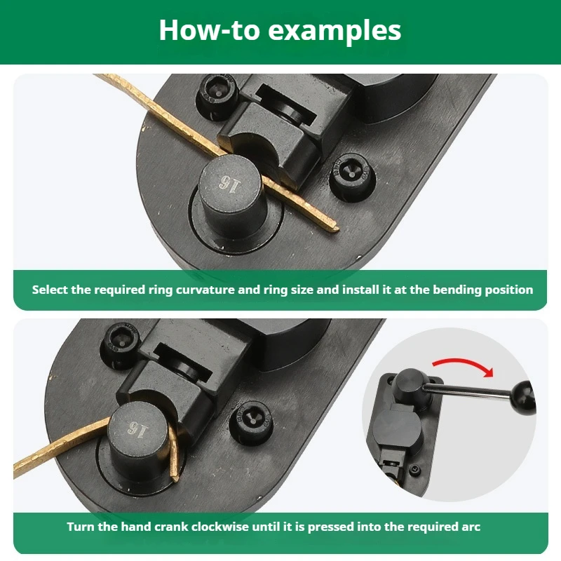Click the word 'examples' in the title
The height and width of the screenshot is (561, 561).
click(334, 31)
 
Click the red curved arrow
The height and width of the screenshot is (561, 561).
click(464, 365)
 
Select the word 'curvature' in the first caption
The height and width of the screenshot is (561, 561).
click(205, 290)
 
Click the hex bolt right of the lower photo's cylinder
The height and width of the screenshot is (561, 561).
click(252, 421)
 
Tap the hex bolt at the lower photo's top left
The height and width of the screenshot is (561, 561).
click(121, 344)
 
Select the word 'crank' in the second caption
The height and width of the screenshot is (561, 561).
click(171, 527)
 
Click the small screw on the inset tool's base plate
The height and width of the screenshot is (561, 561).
click(414, 469)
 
